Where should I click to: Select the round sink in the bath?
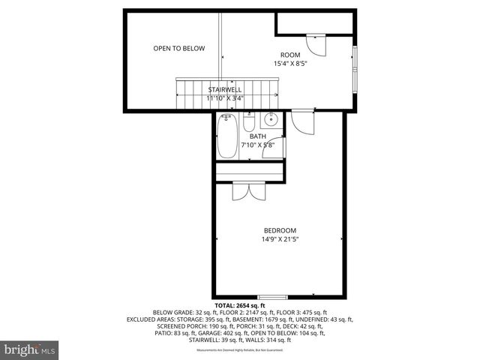click(x=271, y=119)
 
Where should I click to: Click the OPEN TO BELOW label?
click(x=178, y=49)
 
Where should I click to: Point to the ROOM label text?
click(x=290, y=55)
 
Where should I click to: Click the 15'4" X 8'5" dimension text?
click(x=290, y=64)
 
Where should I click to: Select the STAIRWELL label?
click(x=225, y=88)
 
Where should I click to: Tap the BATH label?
click(x=257, y=136)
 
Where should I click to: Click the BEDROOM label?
click(x=280, y=230)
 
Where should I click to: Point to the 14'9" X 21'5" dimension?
click(x=280, y=240)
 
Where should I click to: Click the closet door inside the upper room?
click(x=318, y=46)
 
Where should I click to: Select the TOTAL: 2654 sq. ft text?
click(x=240, y=306)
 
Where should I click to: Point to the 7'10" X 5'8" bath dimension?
click(x=262, y=145)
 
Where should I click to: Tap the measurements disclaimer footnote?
click(x=240, y=350)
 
